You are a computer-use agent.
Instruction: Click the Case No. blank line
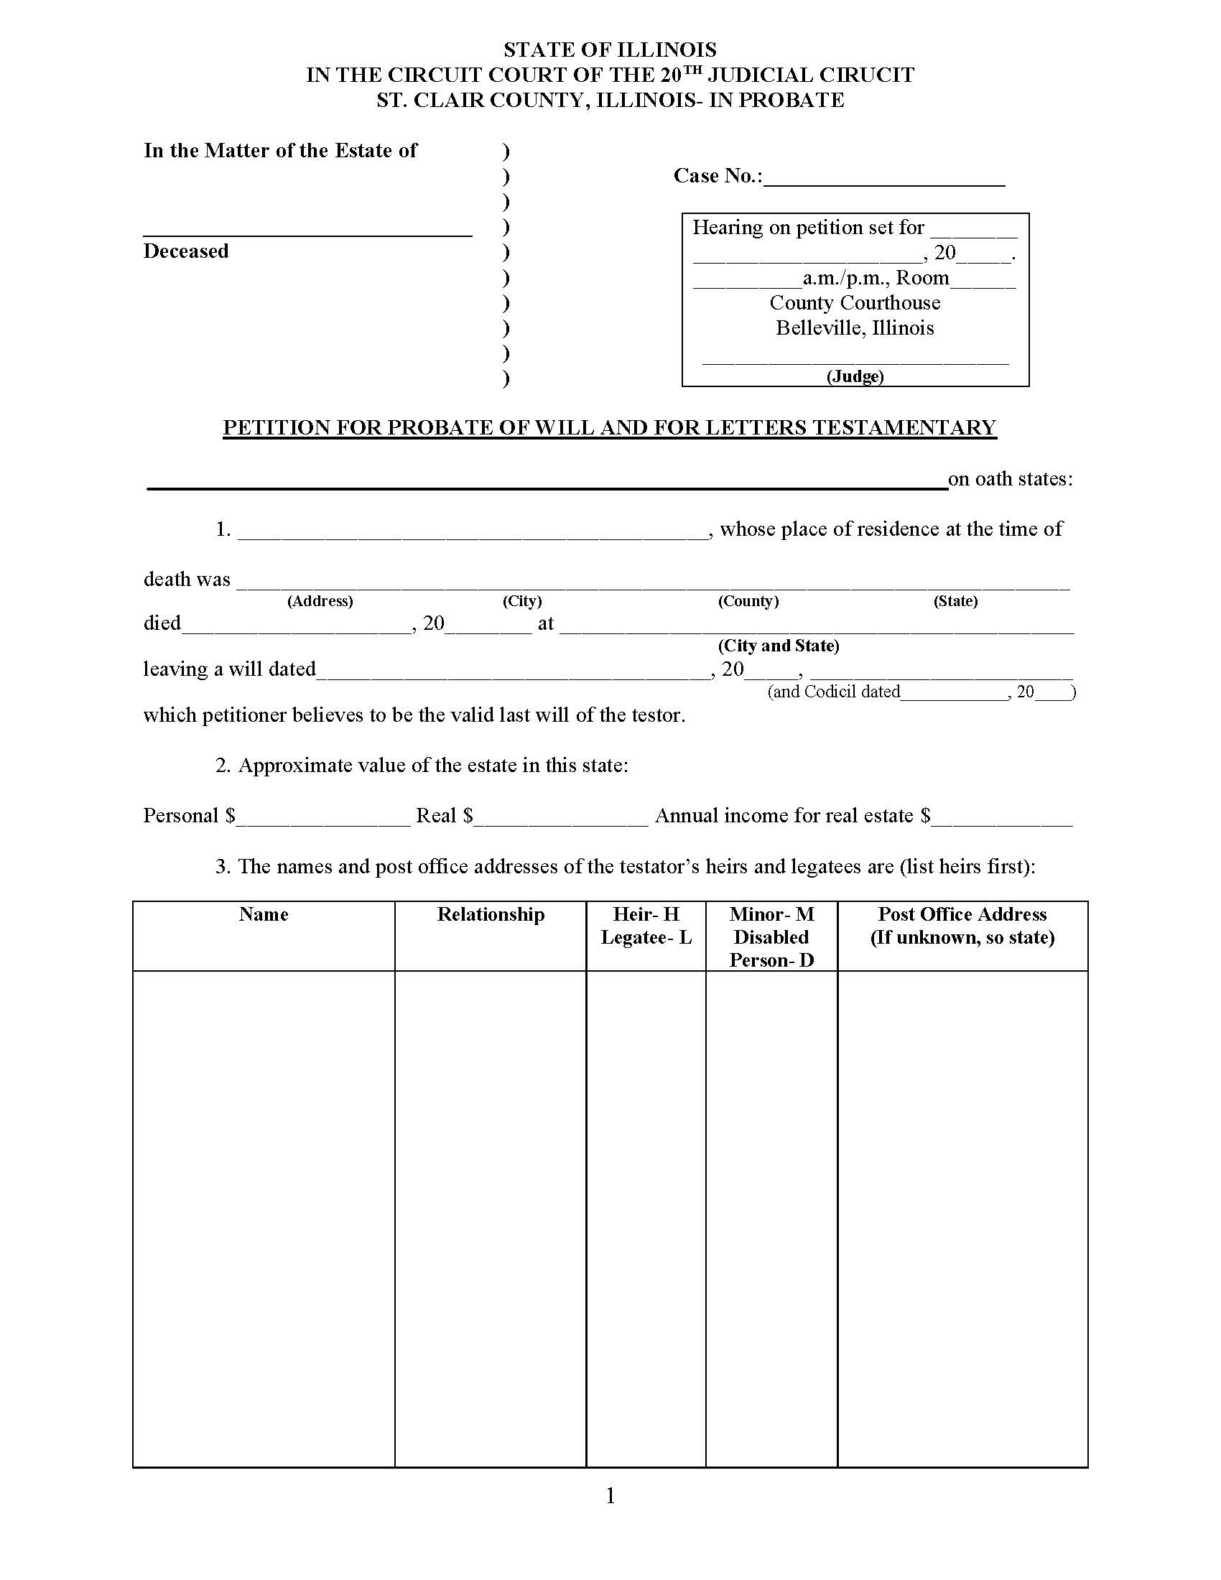[884, 178]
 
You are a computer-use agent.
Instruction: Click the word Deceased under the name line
[186, 251]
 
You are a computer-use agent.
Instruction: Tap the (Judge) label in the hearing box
[855, 376]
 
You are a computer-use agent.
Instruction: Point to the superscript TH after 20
[692, 70]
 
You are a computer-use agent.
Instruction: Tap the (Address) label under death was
[320, 601]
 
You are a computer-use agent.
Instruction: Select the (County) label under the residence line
[748, 601]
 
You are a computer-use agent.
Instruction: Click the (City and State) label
[779, 646]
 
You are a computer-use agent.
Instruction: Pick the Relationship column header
[491, 914]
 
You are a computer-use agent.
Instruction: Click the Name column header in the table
[264, 914]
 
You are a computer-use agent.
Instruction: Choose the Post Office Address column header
[962, 914]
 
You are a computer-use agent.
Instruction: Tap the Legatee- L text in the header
[646, 937]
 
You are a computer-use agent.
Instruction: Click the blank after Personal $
[324, 818]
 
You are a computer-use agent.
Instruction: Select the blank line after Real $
[562, 818]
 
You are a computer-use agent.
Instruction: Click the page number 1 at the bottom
[610, 1495]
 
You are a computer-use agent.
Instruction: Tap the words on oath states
[1010, 479]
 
